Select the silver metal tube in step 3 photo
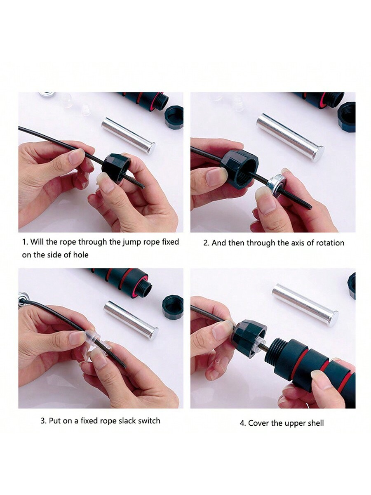131,320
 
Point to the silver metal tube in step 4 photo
305,305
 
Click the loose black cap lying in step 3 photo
173,306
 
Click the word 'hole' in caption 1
80,255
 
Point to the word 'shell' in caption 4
314,423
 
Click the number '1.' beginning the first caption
25,242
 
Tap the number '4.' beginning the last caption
243,423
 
